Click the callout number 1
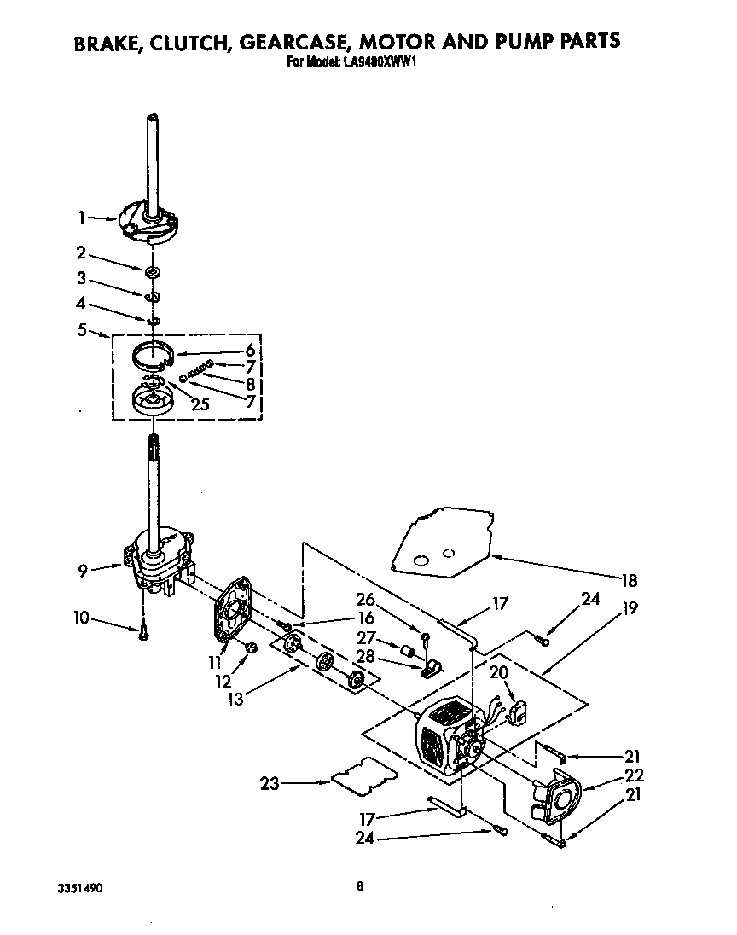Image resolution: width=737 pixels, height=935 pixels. tap(82, 218)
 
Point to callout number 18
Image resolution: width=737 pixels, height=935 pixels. tap(630, 581)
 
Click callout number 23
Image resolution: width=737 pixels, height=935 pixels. tap(270, 782)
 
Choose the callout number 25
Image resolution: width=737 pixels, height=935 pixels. tap(200, 404)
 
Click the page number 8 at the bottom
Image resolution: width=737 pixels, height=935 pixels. tap(360, 886)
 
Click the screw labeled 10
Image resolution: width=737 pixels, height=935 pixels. tap(142, 632)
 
